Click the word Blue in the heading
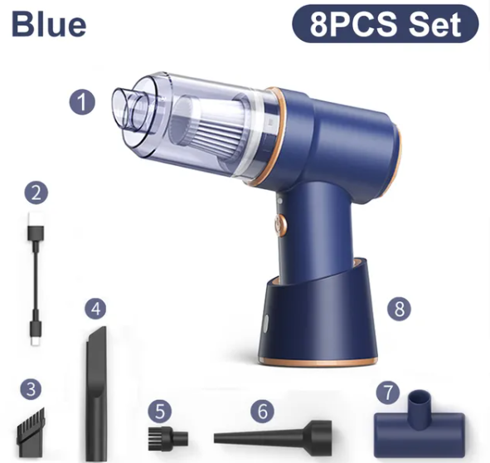point(49,24)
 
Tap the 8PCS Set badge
point(386,24)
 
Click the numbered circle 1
point(82,102)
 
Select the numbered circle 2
point(36,193)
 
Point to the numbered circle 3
point(31,390)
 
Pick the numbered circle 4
point(95,309)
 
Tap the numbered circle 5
point(160,412)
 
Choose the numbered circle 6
point(263,411)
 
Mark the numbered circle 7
point(388,392)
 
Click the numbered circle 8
point(399,309)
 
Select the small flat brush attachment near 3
point(31,432)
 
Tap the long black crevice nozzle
point(96,394)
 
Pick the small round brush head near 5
point(167,436)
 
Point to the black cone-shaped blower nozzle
point(273,436)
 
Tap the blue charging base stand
point(318,316)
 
